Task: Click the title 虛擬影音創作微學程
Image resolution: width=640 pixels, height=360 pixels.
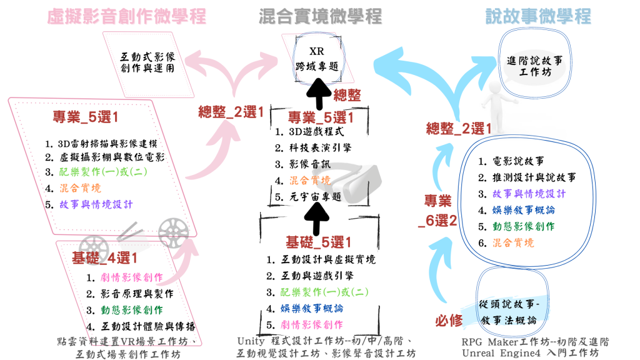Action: (126, 16)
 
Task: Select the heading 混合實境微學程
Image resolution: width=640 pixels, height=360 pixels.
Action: (320, 16)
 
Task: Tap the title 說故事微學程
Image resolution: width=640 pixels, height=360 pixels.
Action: (538, 16)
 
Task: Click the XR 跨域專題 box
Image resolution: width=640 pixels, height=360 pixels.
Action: (316, 58)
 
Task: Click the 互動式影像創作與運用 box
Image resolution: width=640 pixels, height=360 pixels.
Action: (147, 61)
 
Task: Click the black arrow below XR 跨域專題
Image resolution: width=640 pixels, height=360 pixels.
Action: (317, 96)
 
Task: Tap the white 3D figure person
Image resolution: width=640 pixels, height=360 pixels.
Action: (493, 97)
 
